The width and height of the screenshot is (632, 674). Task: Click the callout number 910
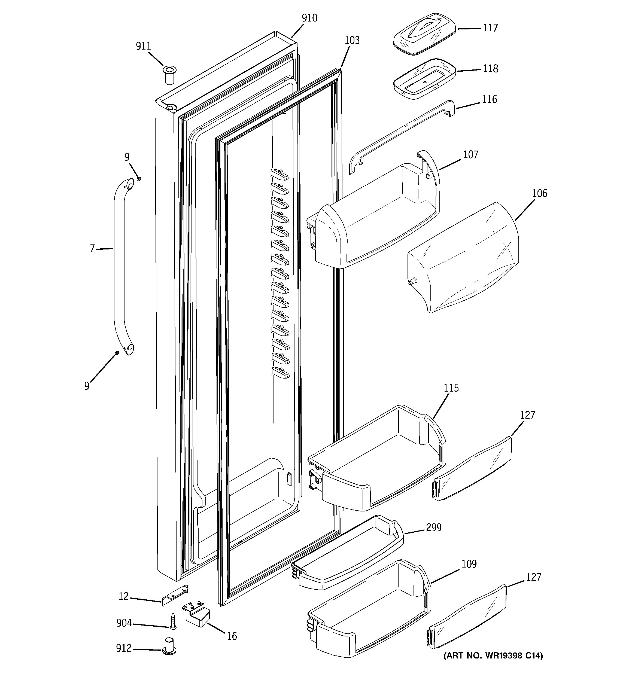309,18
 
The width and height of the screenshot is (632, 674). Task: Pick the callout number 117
490,28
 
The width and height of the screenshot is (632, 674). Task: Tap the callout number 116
489,99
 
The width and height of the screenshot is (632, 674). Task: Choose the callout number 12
123,596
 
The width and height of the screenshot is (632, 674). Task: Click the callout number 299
433,527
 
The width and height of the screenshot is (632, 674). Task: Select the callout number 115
451,388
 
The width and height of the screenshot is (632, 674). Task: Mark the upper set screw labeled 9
138,179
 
